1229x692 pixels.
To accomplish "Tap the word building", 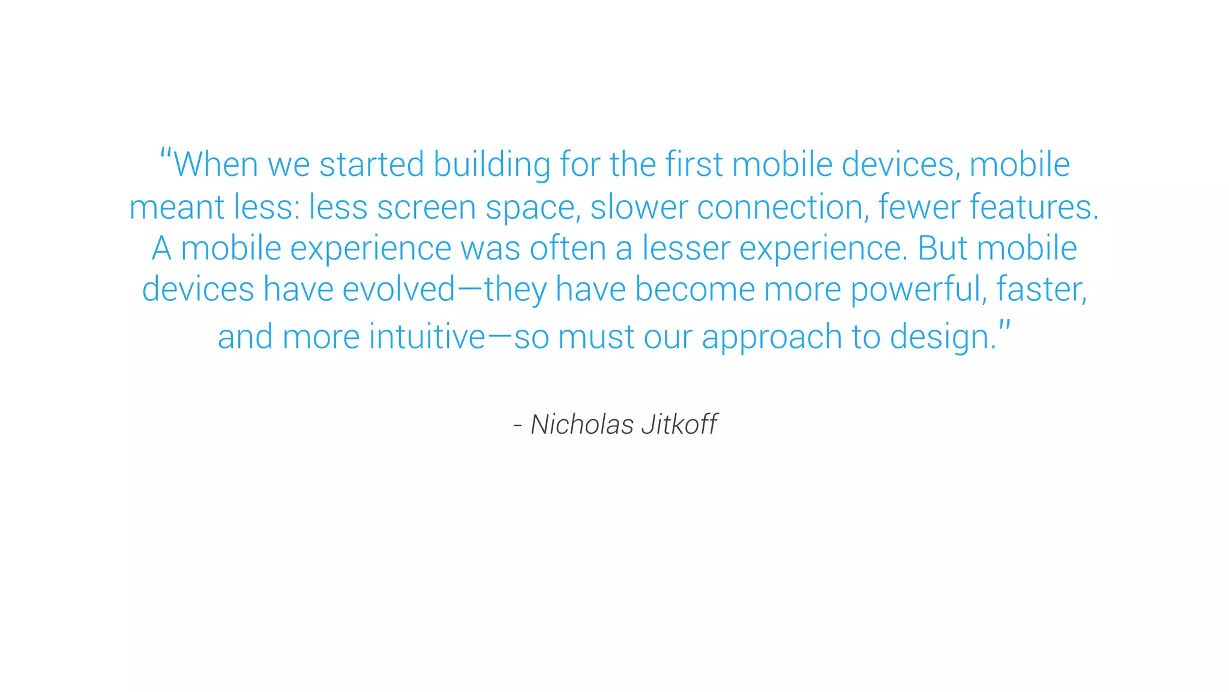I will pos(491,165).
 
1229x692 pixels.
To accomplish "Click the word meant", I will pos(176,207).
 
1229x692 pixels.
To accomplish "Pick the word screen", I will pos(426,207).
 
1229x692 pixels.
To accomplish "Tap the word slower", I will pos(639,207).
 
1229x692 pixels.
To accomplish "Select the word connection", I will pos(783,207).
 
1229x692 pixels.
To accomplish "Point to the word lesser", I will pos(686,248).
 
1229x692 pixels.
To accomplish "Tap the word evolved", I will pos(399,289).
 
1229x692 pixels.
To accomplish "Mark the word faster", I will pos(1041,289).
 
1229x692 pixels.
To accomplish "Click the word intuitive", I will pos(427,336).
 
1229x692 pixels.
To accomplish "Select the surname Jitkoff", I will pos(679,425).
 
